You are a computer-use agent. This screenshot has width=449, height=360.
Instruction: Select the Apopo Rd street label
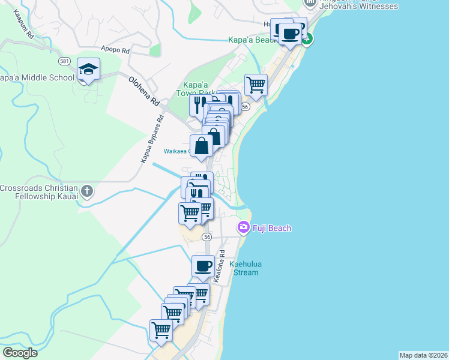(x=115, y=50)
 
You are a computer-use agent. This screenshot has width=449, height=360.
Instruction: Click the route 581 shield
(x=65, y=62)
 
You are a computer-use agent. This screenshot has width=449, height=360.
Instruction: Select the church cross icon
(x=87, y=192)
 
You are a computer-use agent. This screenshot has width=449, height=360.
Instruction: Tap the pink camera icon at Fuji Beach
(x=244, y=227)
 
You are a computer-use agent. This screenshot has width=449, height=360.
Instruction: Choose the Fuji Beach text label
(x=272, y=228)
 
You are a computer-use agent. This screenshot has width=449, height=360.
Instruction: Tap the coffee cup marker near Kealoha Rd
(x=203, y=265)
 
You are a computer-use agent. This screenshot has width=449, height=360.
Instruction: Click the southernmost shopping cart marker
(x=161, y=329)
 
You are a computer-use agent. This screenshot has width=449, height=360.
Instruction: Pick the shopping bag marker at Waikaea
(x=202, y=145)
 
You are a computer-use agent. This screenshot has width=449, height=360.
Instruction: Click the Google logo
(x=20, y=353)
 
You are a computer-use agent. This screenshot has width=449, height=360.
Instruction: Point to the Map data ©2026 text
(x=423, y=355)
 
